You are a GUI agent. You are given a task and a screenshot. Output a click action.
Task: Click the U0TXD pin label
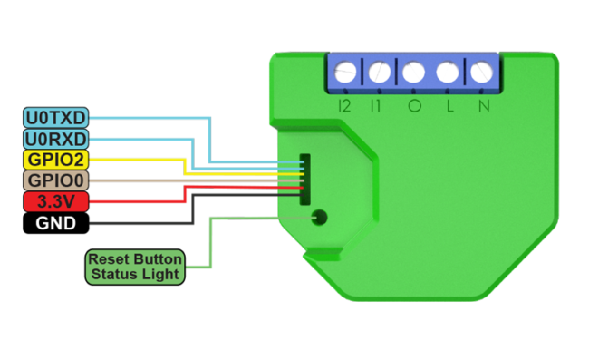point(56,118)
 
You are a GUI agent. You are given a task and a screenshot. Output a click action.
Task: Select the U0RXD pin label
point(56,139)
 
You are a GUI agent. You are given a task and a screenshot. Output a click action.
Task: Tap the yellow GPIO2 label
point(56,160)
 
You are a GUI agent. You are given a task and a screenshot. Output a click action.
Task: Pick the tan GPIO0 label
point(56,180)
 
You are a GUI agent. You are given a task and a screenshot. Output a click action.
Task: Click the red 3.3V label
point(56,202)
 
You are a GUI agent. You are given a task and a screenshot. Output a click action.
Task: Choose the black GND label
point(56,223)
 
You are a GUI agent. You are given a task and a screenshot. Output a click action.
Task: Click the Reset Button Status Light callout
point(135,267)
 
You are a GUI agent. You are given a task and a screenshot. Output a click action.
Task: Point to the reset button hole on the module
point(319,218)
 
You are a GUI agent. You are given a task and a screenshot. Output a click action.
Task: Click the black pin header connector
point(305,180)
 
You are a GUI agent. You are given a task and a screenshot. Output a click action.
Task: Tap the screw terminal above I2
point(345,72)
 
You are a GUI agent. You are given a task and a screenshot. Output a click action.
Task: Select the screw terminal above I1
point(380,72)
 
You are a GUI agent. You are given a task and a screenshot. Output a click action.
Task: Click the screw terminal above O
point(413,72)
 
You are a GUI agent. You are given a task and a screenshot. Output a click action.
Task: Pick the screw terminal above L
point(448,72)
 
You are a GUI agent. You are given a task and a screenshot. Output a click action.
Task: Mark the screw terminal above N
point(481,72)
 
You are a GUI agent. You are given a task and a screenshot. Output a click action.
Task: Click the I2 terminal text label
point(344,106)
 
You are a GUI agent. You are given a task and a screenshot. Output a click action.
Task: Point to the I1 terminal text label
point(375,106)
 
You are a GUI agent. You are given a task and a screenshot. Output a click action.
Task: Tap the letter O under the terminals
point(415,106)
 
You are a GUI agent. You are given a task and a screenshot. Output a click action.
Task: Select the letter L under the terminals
point(449,106)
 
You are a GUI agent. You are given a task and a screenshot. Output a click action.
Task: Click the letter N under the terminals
point(484,106)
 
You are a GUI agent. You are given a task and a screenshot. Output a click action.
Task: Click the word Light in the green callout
point(160,275)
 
